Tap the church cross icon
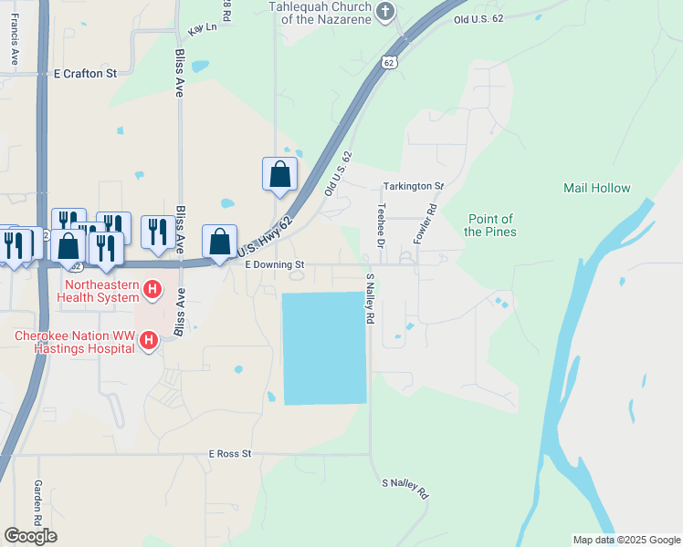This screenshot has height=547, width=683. tap(385, 11)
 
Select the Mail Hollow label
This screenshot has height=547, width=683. tap(596, 188)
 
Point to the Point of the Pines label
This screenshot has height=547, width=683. tap(489, 225)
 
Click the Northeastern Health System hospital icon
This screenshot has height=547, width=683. tap(153, 292)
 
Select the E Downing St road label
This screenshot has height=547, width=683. tap(274, 264)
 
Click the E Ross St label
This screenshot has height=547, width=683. tap(229, 453)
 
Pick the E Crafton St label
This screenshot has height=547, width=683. tap(86, 73)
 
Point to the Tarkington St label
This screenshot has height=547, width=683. tap(413, 186)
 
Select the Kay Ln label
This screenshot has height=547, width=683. tap(203, 29)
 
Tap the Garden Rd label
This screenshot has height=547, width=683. tap(38, 501)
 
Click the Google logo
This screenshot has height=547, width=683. tap(30, 536)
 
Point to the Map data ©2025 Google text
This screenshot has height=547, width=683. tap(625, 540)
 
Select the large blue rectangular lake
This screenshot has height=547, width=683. tap(324, 348)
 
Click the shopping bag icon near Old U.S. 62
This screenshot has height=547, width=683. tap(279, 173)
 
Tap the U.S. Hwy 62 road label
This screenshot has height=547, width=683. tap(266, 236)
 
